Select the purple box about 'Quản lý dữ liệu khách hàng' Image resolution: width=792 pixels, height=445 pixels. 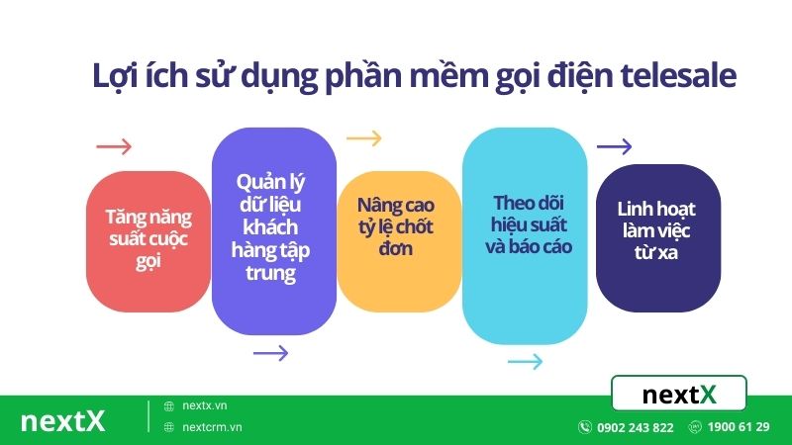pos(274,227)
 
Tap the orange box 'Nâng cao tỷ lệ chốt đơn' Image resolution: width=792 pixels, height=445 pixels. pos(399,227)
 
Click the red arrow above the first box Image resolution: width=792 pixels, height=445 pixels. pos(114,147)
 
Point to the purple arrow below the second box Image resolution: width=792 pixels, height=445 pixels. pos(270,353)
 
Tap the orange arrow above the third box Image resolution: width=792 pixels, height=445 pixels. pos(363,138)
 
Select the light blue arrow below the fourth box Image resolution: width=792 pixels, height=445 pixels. pos(525,361)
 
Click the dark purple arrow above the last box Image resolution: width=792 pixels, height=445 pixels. pos(614,147)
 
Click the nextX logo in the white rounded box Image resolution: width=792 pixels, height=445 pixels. pos(679,395)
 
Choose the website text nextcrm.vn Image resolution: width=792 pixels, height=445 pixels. pos(213,427)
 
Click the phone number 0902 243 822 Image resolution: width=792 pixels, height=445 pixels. pos(636,428)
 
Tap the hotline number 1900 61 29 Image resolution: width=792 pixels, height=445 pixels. pos(739,428)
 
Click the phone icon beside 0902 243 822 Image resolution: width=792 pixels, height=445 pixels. pos(585,428)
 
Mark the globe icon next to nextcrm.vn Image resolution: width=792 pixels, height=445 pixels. pos(169,427)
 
